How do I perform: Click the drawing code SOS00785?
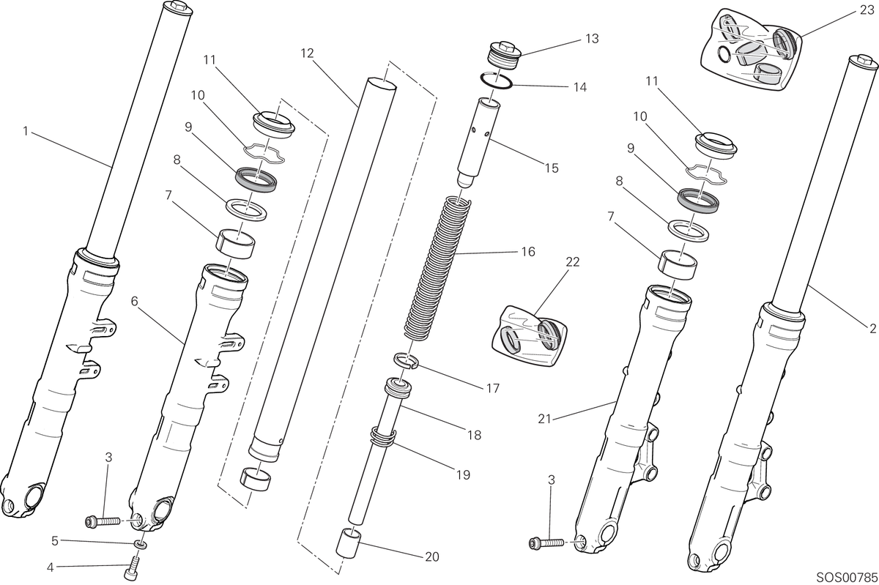point(847,577)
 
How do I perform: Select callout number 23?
point(867,10)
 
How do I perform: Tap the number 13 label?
point(592,39)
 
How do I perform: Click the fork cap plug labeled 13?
point(504,56)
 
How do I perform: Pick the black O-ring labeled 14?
point(497,80)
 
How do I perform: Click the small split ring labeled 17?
point(406,360)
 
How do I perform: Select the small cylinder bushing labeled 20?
point(347,543)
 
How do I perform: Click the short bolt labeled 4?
point(131,567)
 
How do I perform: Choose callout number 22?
point(573,261)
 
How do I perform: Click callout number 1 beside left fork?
point(26,130)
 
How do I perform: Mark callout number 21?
point(544,419)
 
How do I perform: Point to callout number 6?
point(135,301)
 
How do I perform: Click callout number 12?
point(307,53)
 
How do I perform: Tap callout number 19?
point(464,474)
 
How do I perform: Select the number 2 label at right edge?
point(872,328)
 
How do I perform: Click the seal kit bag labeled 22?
point(530,336)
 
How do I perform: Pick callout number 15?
point(552,168)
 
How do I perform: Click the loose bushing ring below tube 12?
point(256,479)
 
